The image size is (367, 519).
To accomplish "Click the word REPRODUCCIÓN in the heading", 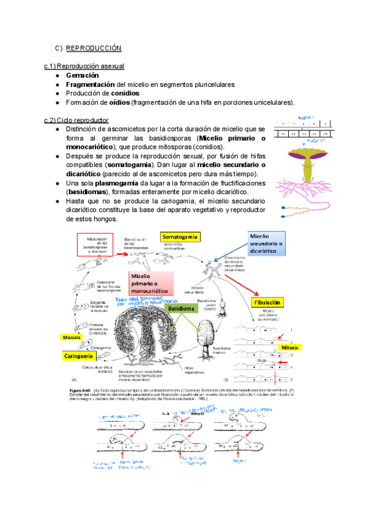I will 94,48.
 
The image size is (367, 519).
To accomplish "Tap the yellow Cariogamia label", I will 78,356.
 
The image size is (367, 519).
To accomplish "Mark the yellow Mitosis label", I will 289,348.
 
